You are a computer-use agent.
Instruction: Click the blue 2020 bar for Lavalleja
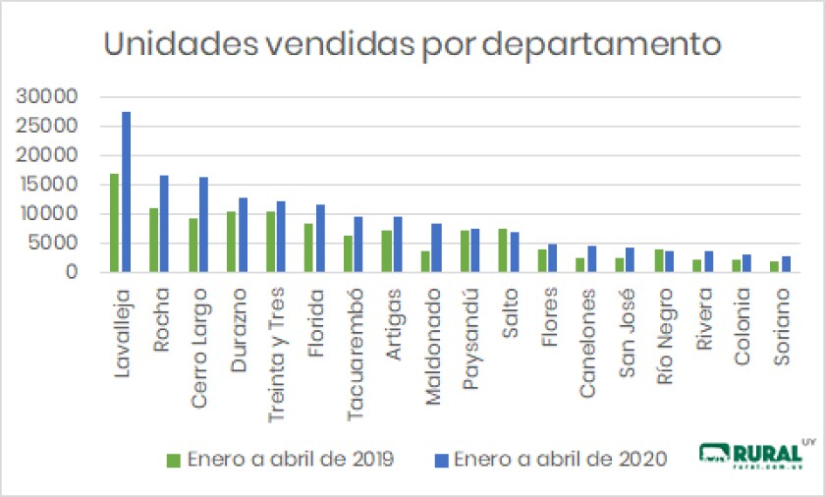tap(126, 193)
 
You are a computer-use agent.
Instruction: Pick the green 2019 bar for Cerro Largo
tap(192, 246)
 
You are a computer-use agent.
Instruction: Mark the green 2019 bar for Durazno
tap(231, 242)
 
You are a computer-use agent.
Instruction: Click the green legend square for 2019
tap(174, 459)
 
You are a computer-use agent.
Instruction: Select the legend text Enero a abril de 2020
tap(561, 459)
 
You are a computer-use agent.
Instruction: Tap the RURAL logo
tap(758, 454)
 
